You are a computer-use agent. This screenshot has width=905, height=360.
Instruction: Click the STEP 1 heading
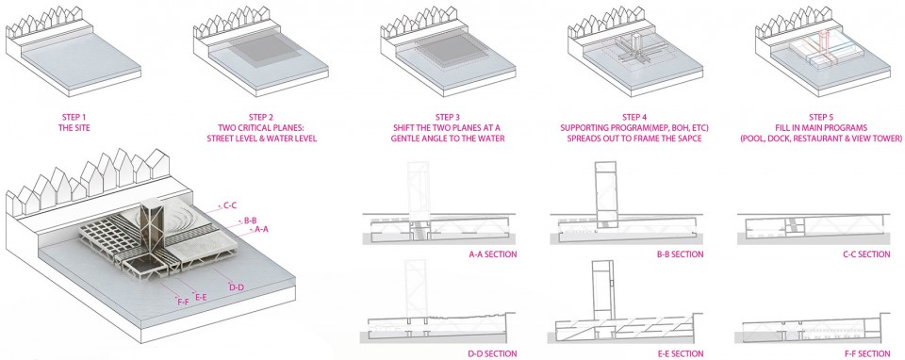pyautogui.click(x=74, y=117)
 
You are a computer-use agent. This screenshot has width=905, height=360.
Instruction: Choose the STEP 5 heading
pyautogui.click(x=822, y=117)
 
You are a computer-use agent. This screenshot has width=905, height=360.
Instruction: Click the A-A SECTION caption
pyautogui.click(x=493, y=254)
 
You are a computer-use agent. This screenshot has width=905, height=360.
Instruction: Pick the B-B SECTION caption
pyautogui.click(x=680, y=254)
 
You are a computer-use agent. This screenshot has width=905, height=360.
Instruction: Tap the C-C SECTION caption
pyautogui.click(x=866, y=254)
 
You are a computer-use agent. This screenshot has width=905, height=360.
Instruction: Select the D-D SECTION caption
pyautogui.click(x=493, y=353)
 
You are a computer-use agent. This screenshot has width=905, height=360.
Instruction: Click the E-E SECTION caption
pyautogui.click(x=680, y=353)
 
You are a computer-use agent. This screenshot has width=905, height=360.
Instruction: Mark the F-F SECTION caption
pyautogui.click(x=867, y=353)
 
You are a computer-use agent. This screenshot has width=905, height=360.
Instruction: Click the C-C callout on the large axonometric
pyautogui.click(x=231, y=205)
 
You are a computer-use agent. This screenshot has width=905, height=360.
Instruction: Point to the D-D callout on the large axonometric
pyautogui.click(x=237, y=287)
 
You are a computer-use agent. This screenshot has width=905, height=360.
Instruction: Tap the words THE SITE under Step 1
pyautogui.click(x=74, y=127)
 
